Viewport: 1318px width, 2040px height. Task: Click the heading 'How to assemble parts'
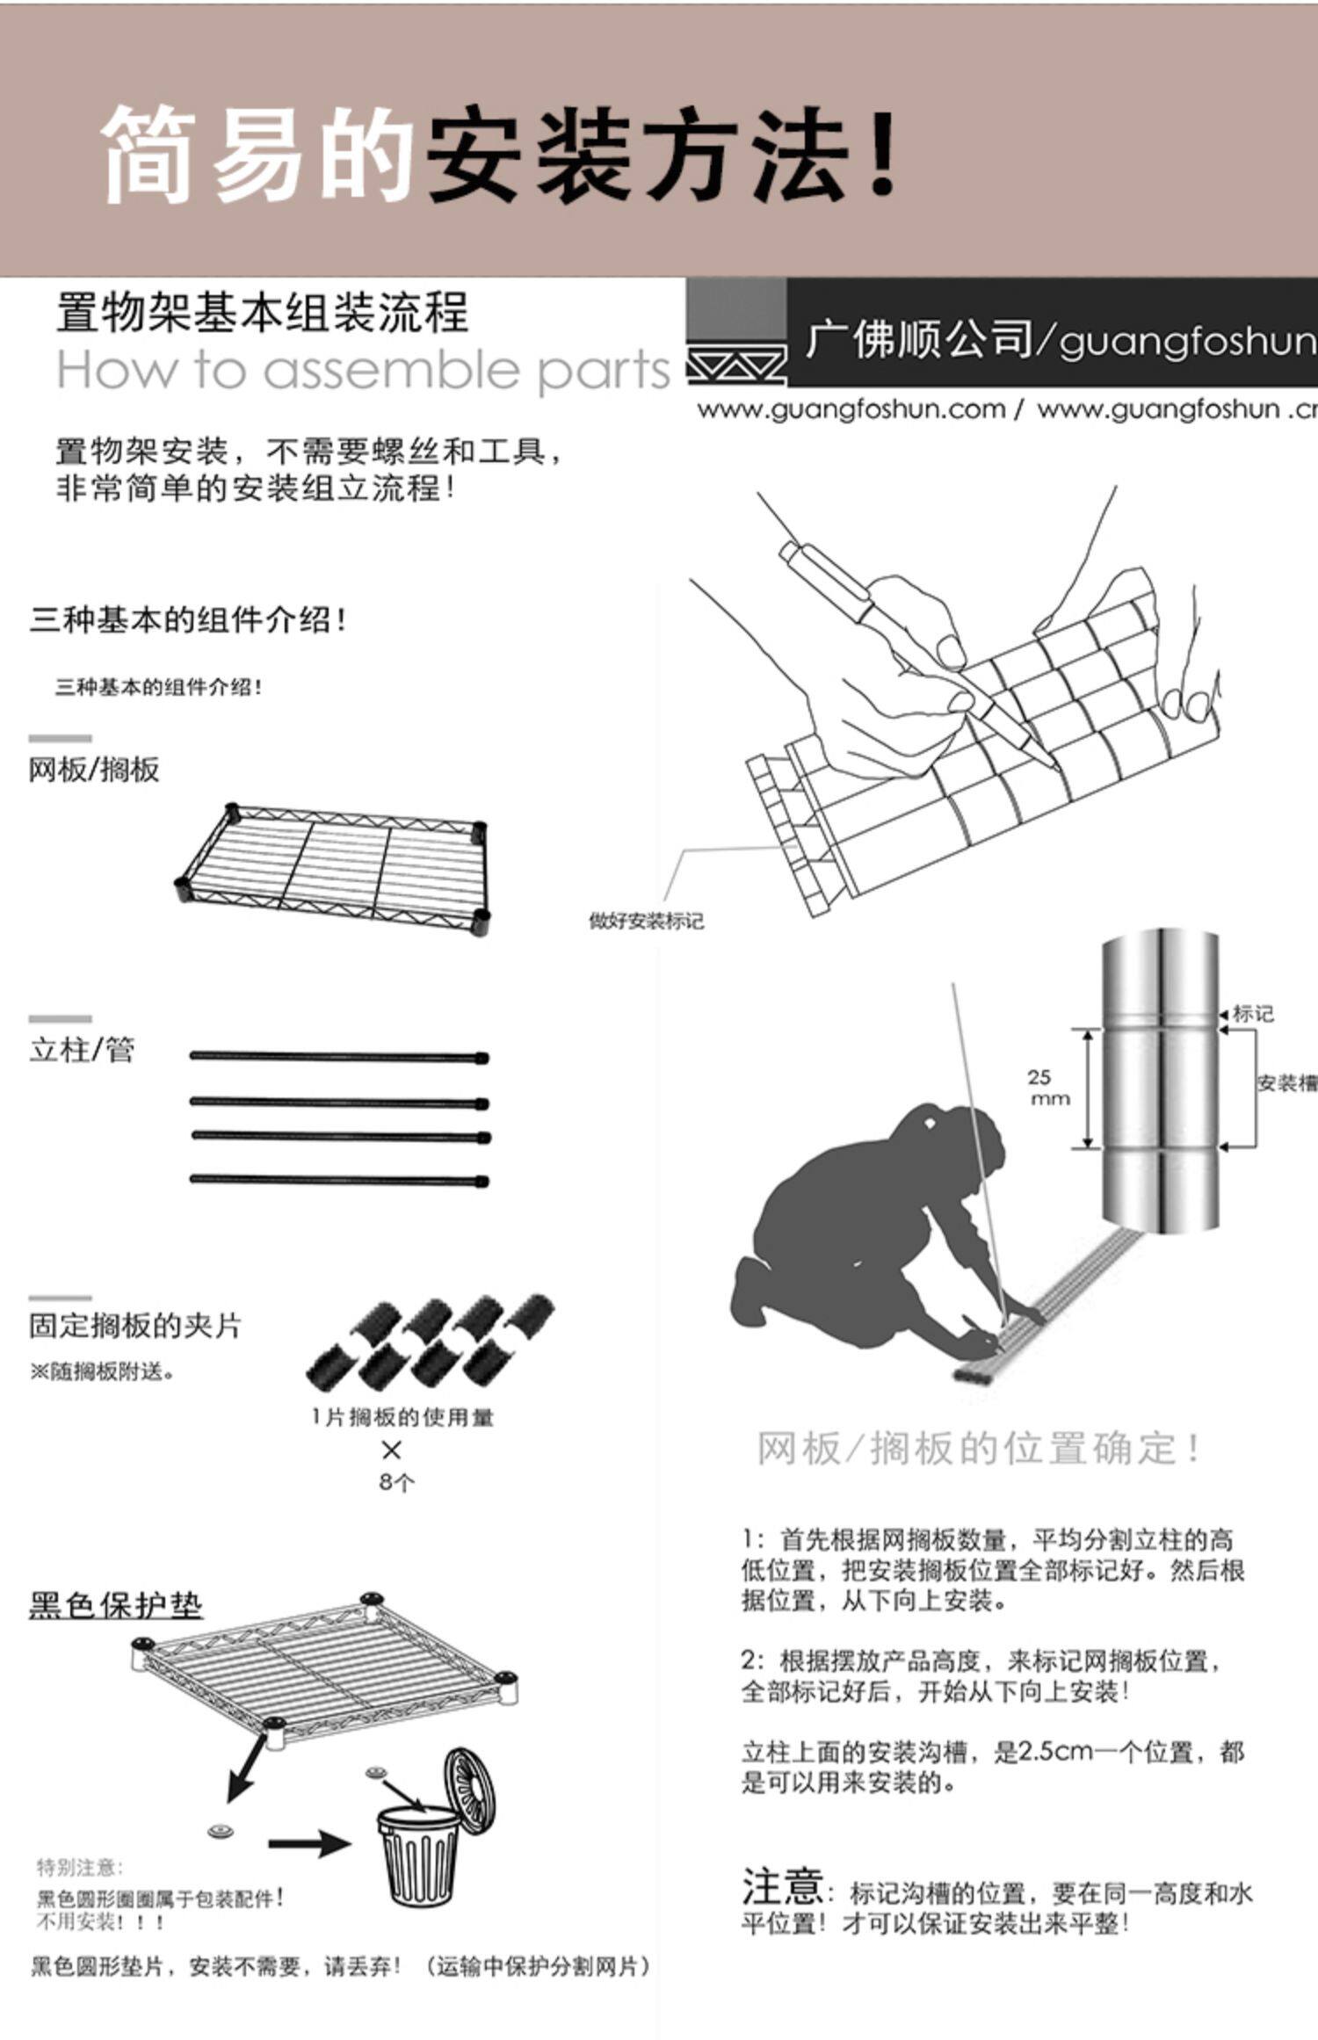tap(363, 371)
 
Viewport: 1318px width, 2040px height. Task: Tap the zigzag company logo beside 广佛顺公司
tap(735, 365)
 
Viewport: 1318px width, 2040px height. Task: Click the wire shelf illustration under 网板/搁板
tap(333, 864)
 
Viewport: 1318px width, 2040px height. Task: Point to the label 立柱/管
tap(82, 1050)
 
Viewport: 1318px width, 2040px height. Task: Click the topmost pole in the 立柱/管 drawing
tap(339, 1057)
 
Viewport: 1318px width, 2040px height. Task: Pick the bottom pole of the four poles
tap(339, 1180)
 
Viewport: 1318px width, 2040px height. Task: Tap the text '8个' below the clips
tap(396, 1482)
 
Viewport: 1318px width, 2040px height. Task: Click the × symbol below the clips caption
tap(392, 1450)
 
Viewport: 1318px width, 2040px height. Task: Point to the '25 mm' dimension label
tap(1049, 1088)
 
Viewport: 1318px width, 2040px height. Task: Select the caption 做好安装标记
tap(646, 922)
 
